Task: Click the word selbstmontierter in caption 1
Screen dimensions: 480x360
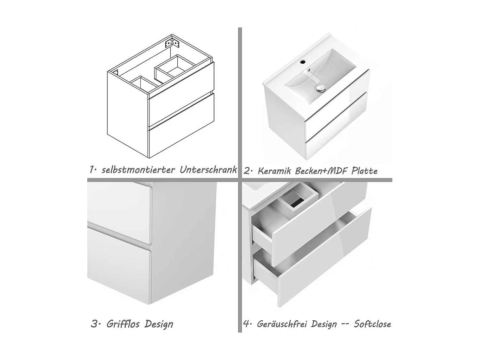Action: tap(138, 170)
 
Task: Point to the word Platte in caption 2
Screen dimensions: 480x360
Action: tap(364, 171)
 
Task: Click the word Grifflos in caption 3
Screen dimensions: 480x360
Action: tap(123, 324)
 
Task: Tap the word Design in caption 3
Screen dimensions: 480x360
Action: tap(159, 324)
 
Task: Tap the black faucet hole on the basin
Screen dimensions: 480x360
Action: tap(303, 62)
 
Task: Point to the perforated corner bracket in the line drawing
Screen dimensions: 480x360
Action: tap(172, 43)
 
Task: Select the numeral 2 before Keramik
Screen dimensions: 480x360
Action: tap(247, 171)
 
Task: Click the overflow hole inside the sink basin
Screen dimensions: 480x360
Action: tap(309, 70)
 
